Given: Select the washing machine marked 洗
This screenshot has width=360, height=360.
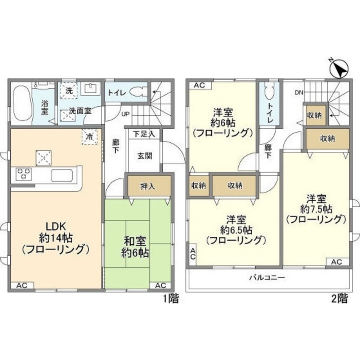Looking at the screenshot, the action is click(69, 90).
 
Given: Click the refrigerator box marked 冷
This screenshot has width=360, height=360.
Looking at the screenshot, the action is click(90, 137).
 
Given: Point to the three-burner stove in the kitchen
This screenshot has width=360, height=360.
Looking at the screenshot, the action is click(23, 174).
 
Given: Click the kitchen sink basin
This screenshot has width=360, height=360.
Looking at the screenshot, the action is click(62, 175).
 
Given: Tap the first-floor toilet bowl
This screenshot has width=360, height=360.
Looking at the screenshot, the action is click(137, 92).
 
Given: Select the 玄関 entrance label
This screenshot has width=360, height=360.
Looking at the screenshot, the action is click(145, 156).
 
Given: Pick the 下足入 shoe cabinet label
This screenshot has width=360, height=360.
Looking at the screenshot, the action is click(144, 134).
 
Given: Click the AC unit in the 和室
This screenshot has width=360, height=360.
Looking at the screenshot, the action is click(161, 285).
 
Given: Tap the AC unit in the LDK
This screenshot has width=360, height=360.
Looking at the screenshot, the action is click(22, 285).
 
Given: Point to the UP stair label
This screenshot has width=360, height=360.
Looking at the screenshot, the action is click(125, 114).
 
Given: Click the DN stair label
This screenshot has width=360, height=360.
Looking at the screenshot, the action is click(299, 93).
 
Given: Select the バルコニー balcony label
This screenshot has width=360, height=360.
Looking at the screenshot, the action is click(267, 278).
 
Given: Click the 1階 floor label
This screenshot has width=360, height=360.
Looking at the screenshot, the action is click(171, 299).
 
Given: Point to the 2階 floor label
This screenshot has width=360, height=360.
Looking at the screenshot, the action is click(340, 299).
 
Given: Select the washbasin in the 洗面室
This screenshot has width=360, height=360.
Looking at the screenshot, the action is click(91, 89).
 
